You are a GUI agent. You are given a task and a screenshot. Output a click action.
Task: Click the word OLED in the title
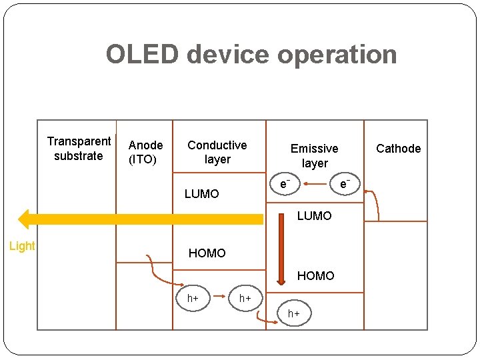(x=143, y=55)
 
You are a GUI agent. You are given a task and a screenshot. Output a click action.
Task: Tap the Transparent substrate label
(x=79, y=149)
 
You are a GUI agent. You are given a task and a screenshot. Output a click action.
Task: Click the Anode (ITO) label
(x=145, y=152)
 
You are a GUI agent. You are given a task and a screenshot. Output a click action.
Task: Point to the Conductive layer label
(x=217, y=152)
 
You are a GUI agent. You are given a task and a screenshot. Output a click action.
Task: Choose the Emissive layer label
(x=314, y=155)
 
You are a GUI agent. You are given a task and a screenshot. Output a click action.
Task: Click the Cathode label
(x=398, y=149)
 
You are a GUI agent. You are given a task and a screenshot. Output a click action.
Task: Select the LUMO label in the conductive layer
(x=201, y=194)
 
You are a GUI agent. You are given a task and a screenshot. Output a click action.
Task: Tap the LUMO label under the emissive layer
(x=314, y=216)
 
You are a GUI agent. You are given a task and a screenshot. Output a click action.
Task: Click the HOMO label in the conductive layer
(x=207, y=253)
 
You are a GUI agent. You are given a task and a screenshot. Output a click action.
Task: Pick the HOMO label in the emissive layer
(x=315, y=275)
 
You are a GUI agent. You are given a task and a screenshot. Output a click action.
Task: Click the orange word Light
(x=22, y=246)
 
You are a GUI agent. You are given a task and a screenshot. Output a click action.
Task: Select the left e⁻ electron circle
(x=285, y=183)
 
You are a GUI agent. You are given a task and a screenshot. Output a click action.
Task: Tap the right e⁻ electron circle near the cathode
(x=345, y=183)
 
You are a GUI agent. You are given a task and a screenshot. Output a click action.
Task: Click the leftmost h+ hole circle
(x=193, y=298)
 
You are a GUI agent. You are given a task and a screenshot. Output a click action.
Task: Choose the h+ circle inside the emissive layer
(x=293, y=313)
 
